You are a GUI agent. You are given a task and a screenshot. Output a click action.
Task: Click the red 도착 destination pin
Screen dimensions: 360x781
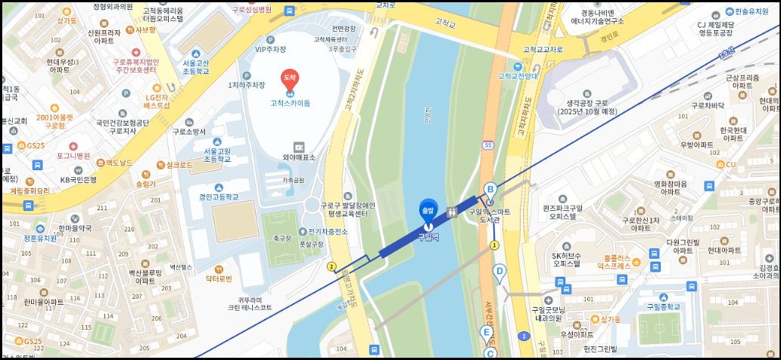coord(289,79)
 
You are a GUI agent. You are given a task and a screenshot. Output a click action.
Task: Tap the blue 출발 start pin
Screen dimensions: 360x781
coord(428,209)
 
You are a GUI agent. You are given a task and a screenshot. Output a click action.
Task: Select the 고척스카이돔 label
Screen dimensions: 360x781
coord(290,103)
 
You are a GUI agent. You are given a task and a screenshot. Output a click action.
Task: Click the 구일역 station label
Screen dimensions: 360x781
coord(428,237)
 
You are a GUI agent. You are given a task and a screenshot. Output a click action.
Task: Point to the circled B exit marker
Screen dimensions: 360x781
coord(490,189)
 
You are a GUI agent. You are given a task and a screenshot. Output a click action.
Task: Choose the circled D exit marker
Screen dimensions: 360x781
coord(499,271)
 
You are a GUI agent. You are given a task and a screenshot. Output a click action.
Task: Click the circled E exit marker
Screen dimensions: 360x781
coord(487,332)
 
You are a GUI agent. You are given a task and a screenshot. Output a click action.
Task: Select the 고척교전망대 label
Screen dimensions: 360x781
coord(518,76)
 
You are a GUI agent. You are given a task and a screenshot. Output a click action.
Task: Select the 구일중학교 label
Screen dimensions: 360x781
coord(658,306)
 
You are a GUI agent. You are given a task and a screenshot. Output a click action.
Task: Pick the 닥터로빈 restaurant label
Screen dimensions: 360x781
coord(219,279)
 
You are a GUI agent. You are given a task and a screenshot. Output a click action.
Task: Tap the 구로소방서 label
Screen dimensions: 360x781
coord(189,131)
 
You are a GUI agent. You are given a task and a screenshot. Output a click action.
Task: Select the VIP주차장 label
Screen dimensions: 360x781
coord(270,49)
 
